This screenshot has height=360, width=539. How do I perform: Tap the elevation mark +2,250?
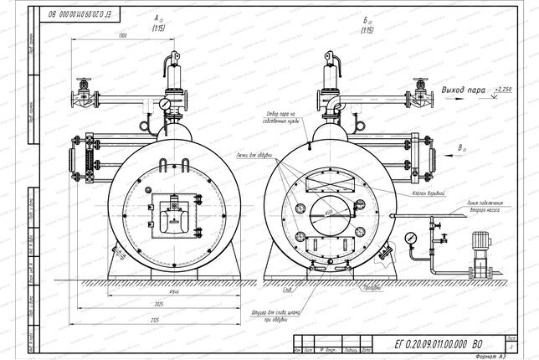506,86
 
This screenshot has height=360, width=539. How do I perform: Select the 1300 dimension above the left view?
124,36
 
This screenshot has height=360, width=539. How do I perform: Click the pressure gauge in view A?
166,104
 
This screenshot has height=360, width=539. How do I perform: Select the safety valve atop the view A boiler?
177,74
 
